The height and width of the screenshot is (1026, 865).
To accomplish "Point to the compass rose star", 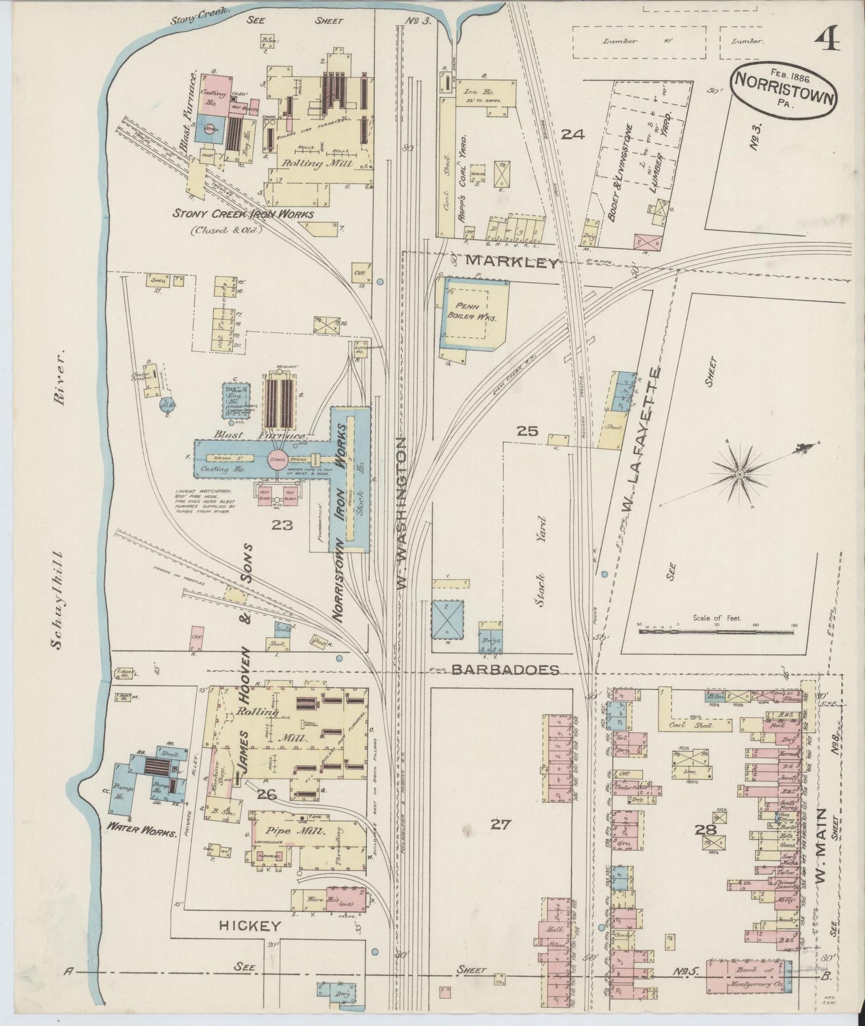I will click(740, 474).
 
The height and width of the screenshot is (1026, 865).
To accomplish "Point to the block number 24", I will click(572, 135).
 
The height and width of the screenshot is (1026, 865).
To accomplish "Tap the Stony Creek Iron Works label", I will click(242, 214).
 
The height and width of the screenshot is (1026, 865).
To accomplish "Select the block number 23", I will click(281, 525).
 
